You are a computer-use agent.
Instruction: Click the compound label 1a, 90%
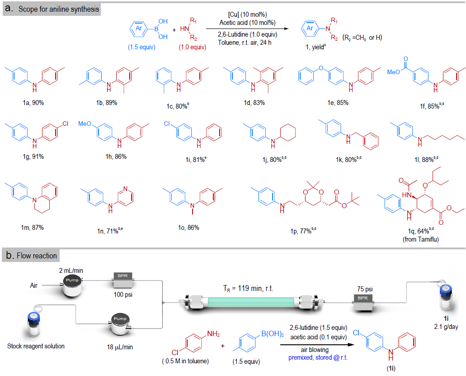33,103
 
